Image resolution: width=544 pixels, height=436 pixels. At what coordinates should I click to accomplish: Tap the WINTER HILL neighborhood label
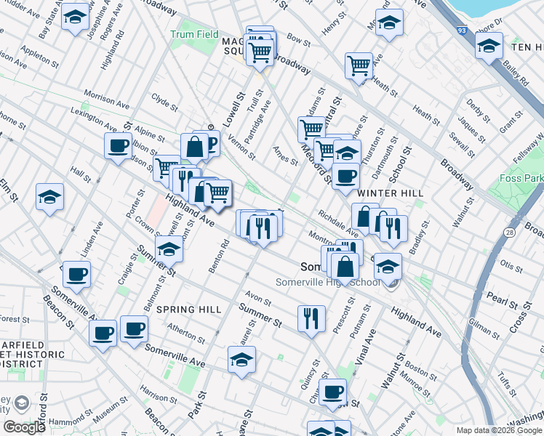[x=386, y=193]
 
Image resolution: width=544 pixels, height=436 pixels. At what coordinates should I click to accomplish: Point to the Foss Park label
[x=519, y=178]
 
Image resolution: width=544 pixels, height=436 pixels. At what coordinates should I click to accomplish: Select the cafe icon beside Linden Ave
[x=76, y=275]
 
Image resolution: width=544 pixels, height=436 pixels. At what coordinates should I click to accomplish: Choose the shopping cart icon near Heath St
[x=359, y=65]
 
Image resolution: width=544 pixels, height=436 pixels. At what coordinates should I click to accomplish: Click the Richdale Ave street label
[x=338, y=224]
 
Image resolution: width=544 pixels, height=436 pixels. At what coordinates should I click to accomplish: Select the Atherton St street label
[x=185, y=332]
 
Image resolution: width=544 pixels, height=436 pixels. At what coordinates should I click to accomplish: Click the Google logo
[x=24, y=427]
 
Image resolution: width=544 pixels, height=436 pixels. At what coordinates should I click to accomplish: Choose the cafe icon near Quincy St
[x=333, y=392]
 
